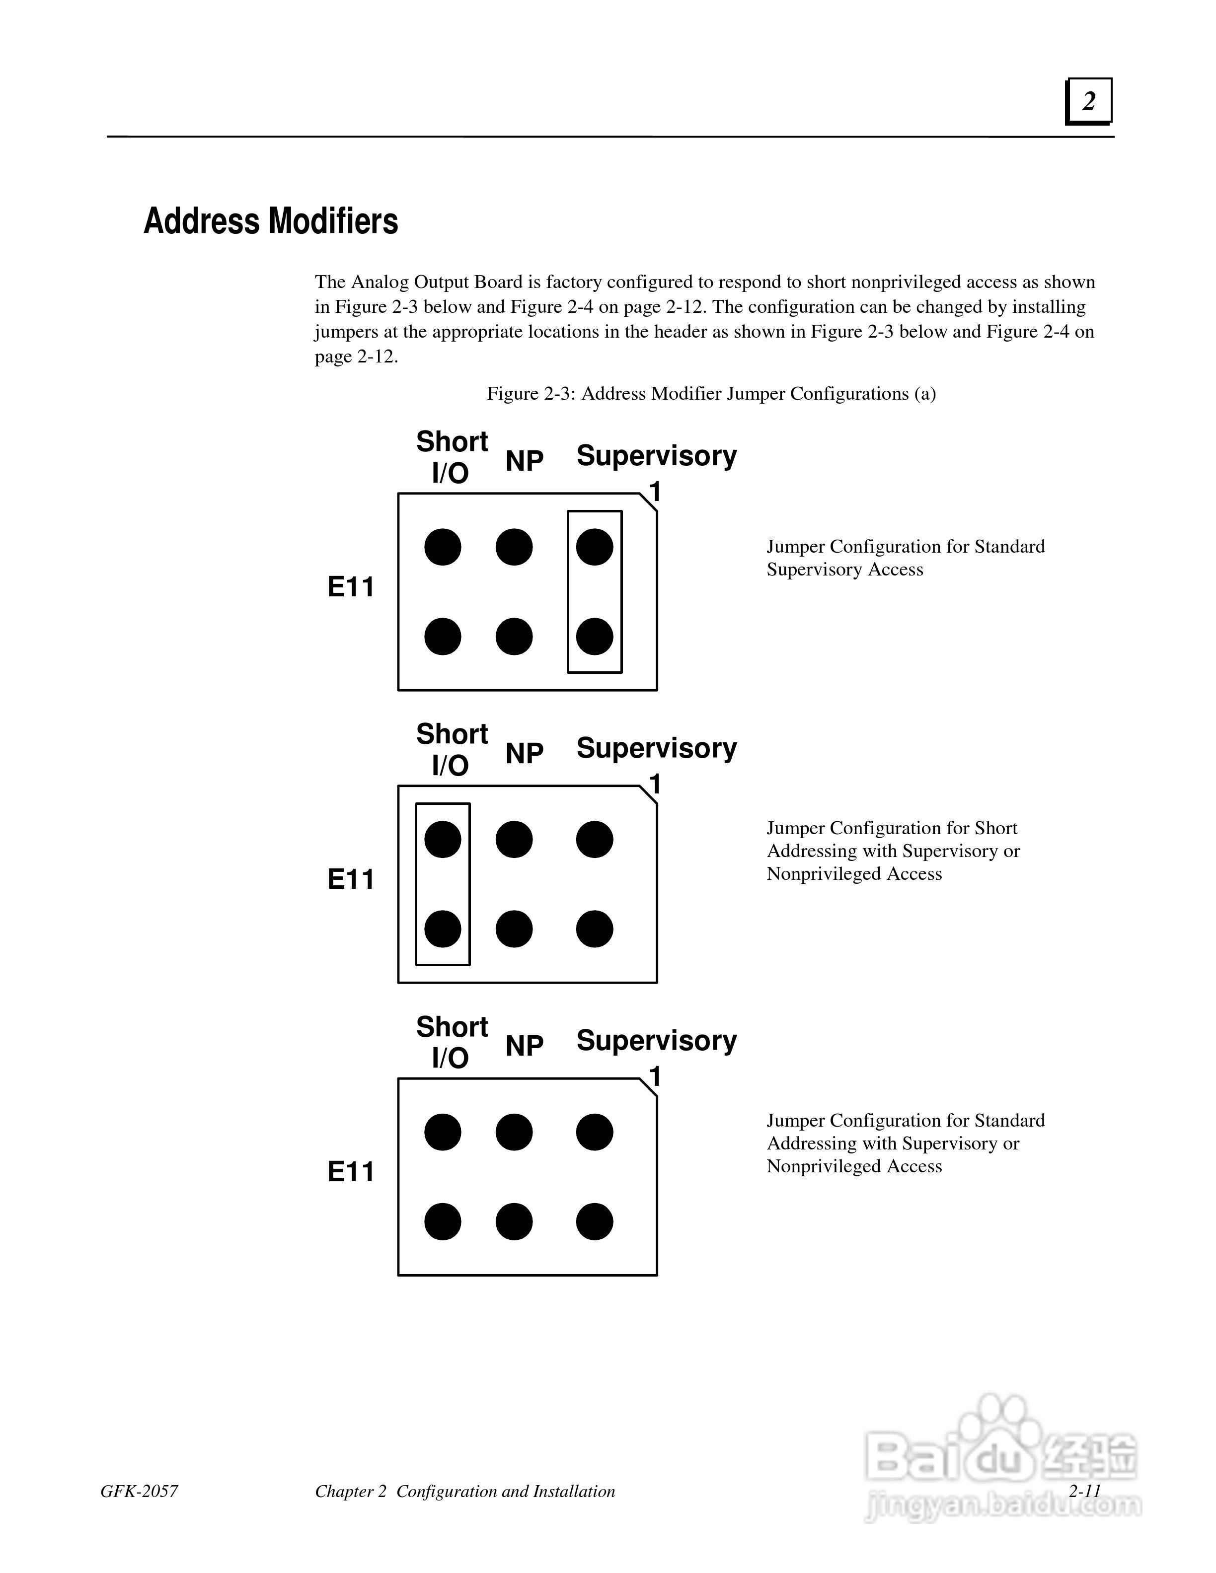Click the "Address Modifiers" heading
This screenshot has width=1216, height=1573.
pyautogui.click(x=270, y=220)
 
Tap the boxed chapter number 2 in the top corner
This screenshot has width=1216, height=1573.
pyautogui.click(x=1088, y=101)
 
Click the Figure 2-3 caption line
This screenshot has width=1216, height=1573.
pyautogui.click(x=711, y=393)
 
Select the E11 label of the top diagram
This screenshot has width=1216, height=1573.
pyautogui.click(x=351, y=587)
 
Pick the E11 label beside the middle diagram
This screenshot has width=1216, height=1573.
pyautogui.click(x=351, y=879)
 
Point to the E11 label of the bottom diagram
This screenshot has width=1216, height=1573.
pyautogui.click(x=351, y=1172)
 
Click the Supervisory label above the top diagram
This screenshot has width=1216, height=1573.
pyautogui.click(x=656, y=455)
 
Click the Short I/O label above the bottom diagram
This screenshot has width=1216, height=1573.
pyautogui.click(x=452, y=1041)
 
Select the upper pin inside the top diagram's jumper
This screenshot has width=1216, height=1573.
pyautogui.click(x=594, y=547)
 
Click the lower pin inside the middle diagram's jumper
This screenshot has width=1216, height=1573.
pyautogui.click(x=442, y=929)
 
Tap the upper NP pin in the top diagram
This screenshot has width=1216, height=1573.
pyautogui.click(x=514, y=547)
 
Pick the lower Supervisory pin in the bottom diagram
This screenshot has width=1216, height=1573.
pyautogui.click(x=594, y=1221)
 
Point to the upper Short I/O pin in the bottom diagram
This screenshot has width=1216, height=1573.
pyautogui.click(x=442, y=1132)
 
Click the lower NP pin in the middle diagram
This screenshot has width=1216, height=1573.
pyautogui.click(x=514, y=929)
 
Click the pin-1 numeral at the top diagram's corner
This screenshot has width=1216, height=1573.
pyautogui.click(x=655, y=492)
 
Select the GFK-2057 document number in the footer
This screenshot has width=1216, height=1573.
pyautogui.click(x=139, y=1491)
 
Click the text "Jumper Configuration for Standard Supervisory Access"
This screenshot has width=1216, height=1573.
pyautogui.click(x=905, y=558)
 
